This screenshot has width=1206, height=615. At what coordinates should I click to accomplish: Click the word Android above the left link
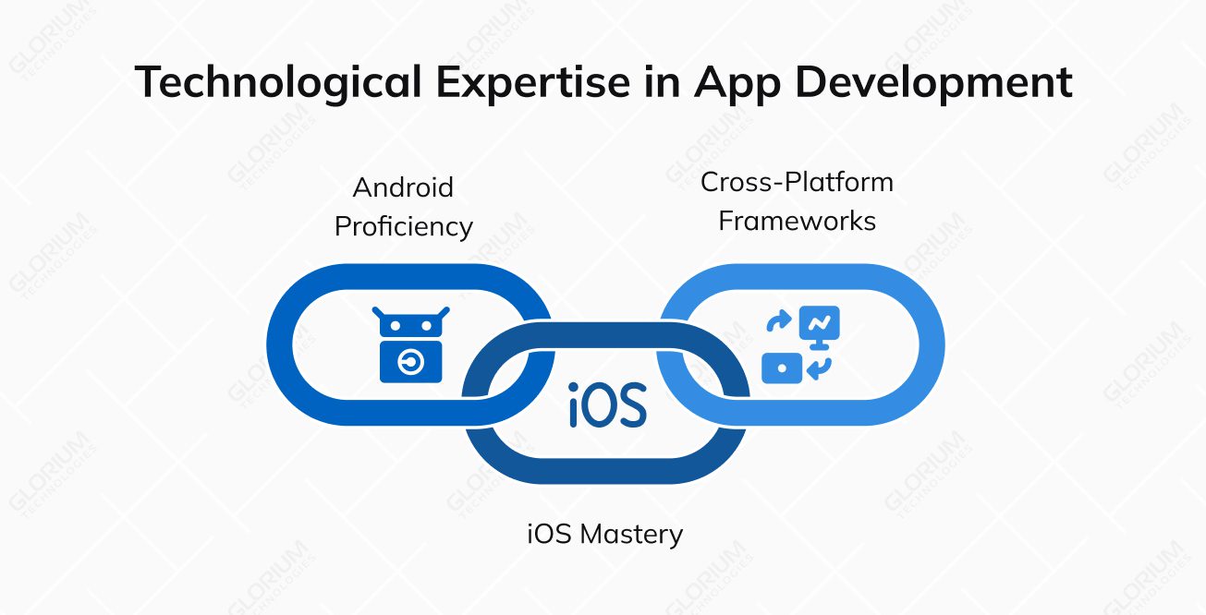tap(403, 187)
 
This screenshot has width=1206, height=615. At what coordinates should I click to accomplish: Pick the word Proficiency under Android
tap(404, 226)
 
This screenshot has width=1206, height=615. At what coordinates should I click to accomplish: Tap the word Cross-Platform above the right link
tap(797, 182)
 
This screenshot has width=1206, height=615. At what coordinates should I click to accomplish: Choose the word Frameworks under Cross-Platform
tap(798, 222)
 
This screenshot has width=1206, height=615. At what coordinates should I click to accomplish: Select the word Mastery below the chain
tap(637, 534)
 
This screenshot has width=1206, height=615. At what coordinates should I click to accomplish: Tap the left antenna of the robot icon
tap(379, 313)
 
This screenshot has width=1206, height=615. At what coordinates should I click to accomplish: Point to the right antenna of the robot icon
tap(444, 313)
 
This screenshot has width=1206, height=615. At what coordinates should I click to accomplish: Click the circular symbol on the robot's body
tap(411, 364)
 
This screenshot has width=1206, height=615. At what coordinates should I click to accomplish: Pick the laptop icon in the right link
tap(781, 368)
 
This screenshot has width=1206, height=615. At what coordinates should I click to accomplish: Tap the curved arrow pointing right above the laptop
tap(779, 322)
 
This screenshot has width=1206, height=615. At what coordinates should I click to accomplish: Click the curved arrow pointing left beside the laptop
tap(819, 368)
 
